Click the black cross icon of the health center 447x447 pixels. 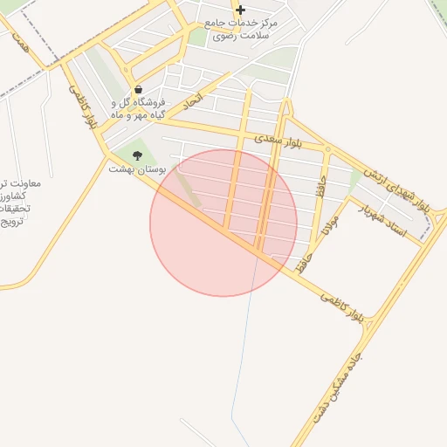[240, 10]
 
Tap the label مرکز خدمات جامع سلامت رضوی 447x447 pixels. [241, 29]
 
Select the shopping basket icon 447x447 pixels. [138, 90]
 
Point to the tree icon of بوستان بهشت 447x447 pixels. [137, 155]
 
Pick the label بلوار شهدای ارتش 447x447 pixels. [397, 189]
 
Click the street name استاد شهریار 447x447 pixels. [388, 217]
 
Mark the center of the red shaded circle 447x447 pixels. [223, 223]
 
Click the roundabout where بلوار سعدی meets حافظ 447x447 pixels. [327, 148]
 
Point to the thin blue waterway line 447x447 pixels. [244, 349]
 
